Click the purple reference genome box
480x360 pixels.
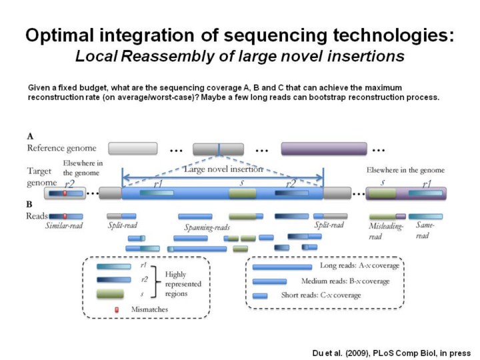coord(324,148)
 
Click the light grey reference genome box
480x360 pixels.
coord(133,148)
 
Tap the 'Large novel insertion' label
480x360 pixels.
coord(223,169)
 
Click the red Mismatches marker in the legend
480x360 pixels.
coord(117,309)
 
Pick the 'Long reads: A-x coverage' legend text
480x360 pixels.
coord(359,265)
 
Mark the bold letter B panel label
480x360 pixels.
coord(30,204)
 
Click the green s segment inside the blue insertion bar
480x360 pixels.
coord(242,193)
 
